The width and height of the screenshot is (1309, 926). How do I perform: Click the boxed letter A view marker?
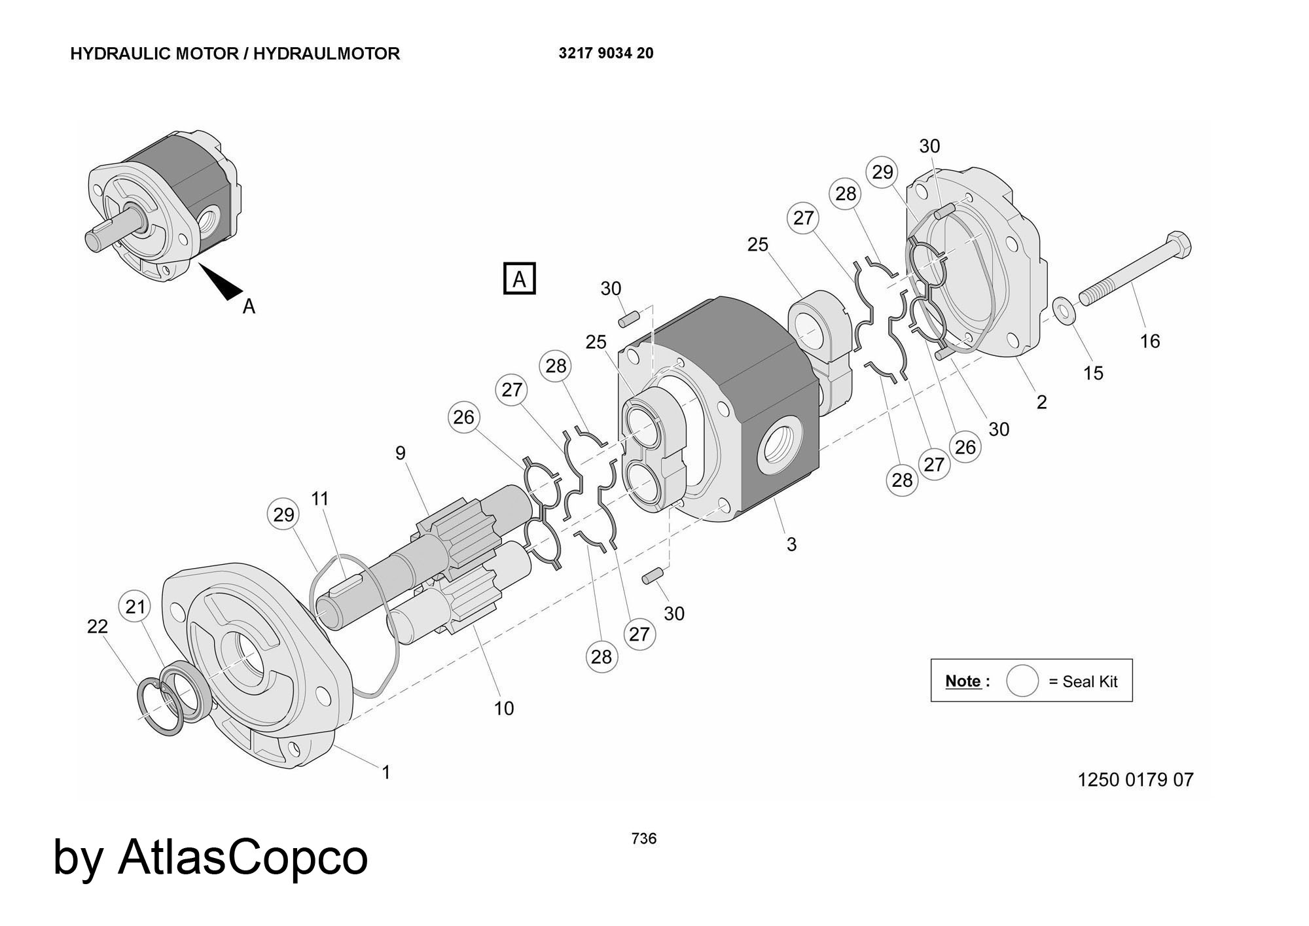pyautogui.click(x=519, y=279)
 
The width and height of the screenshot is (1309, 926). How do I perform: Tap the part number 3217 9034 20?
pyautogui.click(x=605, y=54)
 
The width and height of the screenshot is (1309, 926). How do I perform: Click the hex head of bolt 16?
pyautogui.click(x=1177, y=244)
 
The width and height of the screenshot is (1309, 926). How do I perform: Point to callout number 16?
pyautogui.click(x=1150, y=341)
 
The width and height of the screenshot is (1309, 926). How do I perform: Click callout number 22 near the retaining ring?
pyautogui.click(x=97, y=626)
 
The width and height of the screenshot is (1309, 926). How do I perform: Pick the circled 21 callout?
pyautogui.click(x=135, y=607)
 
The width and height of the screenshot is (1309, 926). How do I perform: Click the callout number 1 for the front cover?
pyautogui.click(x=386, y=772)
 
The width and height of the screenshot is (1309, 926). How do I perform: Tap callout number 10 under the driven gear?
pyautogui.click(x=504, y=708)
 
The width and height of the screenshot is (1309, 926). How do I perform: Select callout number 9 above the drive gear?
pyautogui.click(x=401, y=453)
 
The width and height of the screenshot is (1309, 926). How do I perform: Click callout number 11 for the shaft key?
pyautogui.click(x=319, y=499)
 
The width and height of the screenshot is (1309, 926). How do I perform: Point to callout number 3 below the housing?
pyautogui.click(x=791, y=544)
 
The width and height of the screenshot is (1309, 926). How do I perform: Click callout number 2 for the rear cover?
pyautogui.click(x=1041, y=402)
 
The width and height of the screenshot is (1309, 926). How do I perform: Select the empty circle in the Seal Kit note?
pyautogui.click(x=1022, y=681)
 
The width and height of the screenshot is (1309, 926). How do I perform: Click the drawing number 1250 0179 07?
pyautogui.click(x=1135, y=779)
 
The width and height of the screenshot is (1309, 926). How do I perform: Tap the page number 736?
pyautogui.click(x=644, y=838)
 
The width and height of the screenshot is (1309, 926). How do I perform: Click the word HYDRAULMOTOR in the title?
pyautogui.click(x=326, y=54)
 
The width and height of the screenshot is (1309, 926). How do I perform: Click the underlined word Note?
pyautogui.click(x=963, y=681)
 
